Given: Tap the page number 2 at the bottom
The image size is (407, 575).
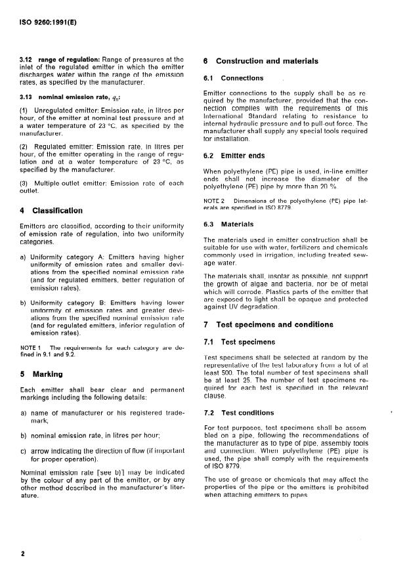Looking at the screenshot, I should pos(23,553).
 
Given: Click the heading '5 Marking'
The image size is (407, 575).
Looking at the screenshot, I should pos(41,375).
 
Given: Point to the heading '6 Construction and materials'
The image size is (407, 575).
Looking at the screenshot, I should pos(261,61).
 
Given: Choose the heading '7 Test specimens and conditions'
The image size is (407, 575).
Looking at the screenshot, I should pos(268,324).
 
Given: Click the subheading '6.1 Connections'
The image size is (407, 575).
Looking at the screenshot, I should pos(234,78).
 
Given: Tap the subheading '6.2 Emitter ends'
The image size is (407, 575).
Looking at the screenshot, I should pos(234,156).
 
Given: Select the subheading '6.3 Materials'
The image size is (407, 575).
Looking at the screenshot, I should pos(228,224).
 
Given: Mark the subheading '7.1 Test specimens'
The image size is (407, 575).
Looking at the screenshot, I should pos(238,342).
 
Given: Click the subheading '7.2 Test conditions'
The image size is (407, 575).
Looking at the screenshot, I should pos(239,413).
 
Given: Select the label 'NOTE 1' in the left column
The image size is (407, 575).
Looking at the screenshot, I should pos(32,347).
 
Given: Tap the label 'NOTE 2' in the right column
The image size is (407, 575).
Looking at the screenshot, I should pos(215,200).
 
